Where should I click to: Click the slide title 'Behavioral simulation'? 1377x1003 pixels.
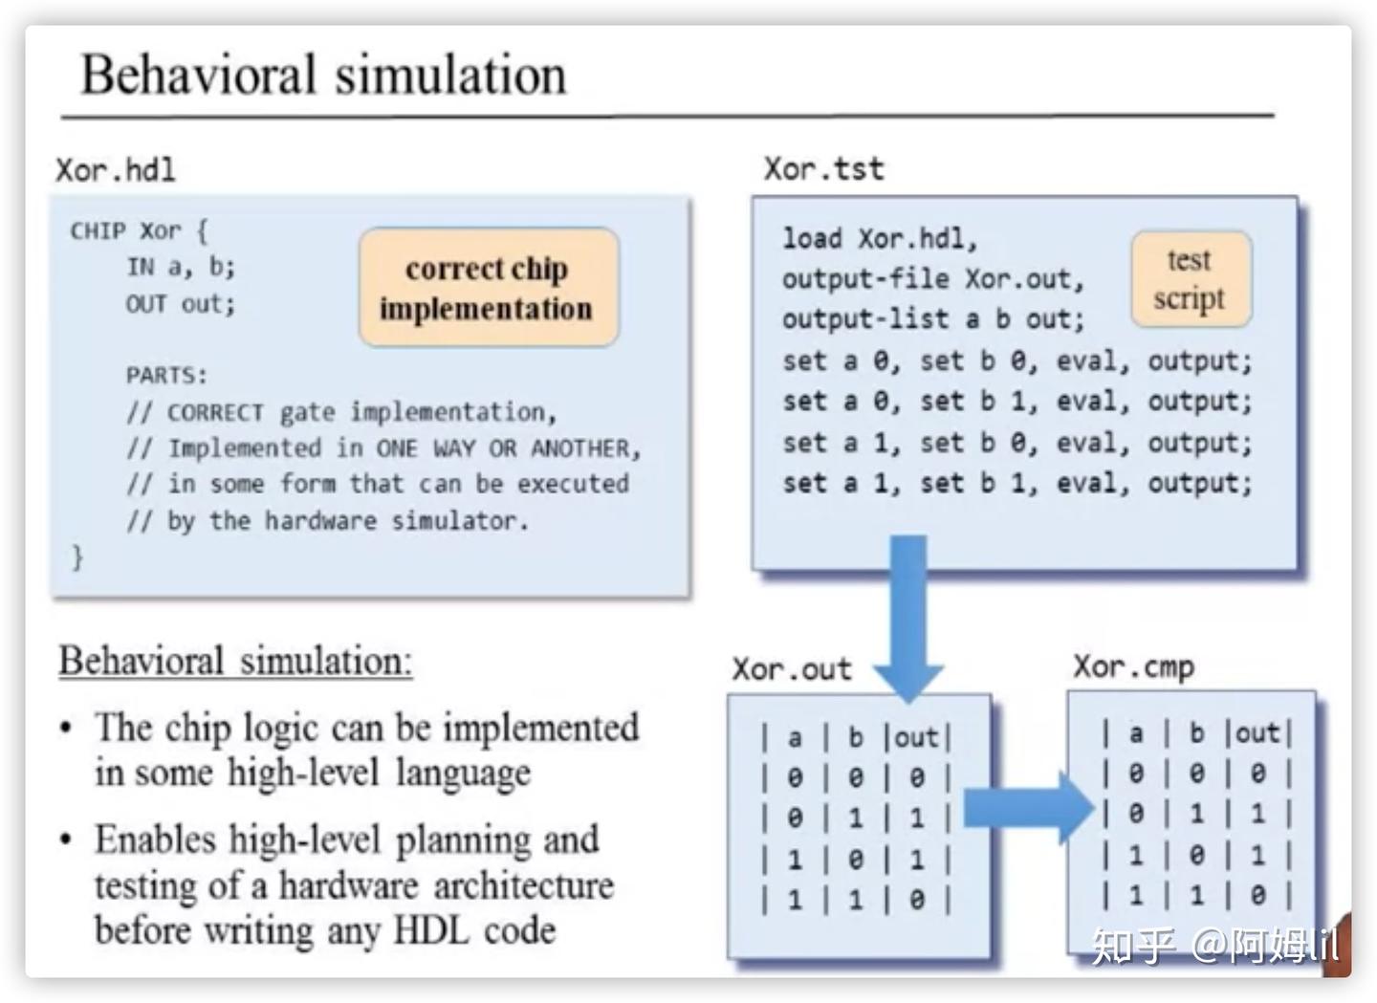pyautogui.click(x=323, y=75)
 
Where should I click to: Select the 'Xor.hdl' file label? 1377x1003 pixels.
pyautogui.click(x=116, y=170)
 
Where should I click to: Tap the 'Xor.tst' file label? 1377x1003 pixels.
pyautogui.click(x=823, y=169)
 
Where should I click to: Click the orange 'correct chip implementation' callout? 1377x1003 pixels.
pyautogui.click(x=489, y=288)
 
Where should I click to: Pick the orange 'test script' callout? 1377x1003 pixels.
pyautogui.click(x=1191, y=279)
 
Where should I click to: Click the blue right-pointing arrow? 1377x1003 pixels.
pyautogui.click(x=1029, y=808)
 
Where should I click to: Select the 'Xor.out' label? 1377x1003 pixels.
pyautogui.click(x=792, y=668)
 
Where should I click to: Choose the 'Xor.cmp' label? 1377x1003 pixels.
pyautogui.click(x=1133, y=666)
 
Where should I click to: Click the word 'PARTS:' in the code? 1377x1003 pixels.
pyautogui.click(x=166, y=375)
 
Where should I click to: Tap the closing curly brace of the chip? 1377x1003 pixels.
pyautogui.click(x=77, y=556)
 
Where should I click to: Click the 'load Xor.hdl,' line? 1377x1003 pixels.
pyautogui.click(x=880, y=238)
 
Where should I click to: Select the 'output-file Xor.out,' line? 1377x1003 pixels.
pyautogui.click(x=933, y=279)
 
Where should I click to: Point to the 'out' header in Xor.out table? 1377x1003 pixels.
pyautogui.click(x=916, y=737)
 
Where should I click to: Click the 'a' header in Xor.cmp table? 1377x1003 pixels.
pyautogui.click(x=1136, y=733)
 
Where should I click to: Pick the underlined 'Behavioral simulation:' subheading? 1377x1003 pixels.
pyautogui.click(x=235, y=662)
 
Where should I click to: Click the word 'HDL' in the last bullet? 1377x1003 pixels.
pyautogui.click(x=431, y=930)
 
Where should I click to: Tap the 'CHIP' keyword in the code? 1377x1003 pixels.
pyautogui.click(x=98, y=231)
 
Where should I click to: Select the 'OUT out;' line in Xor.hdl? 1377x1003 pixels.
pyautogui.click(x=181, y=304)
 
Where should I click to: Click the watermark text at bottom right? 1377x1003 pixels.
pyautogui.click(x=1215, y=946)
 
